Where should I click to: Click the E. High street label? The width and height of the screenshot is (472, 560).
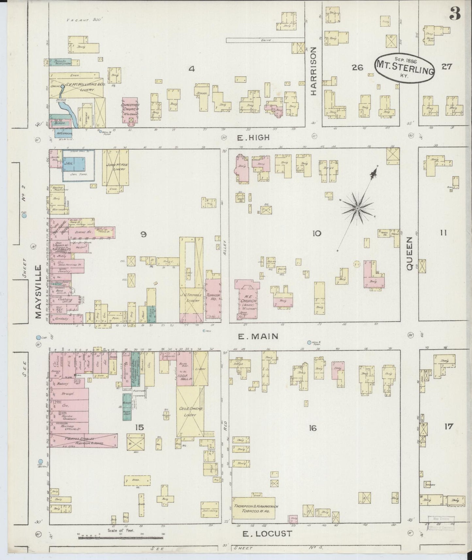tap(253, 138)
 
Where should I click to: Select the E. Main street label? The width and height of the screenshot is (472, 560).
tap(258, 336)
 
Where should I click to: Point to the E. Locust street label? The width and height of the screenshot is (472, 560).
tap(267, 534)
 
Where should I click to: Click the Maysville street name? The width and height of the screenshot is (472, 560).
tap(39, 292)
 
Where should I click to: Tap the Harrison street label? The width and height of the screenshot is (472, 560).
tap(314, 71)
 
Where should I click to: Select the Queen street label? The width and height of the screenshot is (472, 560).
tap(410, 253)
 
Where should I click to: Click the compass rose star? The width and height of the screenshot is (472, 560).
tap(358, 208)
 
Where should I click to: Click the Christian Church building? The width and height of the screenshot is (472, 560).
tap(131, 110)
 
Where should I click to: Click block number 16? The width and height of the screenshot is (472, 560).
tap(313, 428)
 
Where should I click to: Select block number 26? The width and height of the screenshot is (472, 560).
tap(358, 68)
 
